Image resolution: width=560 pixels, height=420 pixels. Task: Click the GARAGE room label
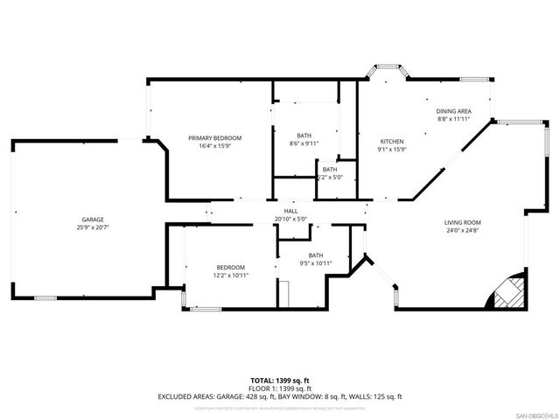(94, 219)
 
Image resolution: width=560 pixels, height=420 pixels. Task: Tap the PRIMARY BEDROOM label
(215, 138)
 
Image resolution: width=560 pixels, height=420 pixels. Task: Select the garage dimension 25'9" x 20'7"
(94, 227)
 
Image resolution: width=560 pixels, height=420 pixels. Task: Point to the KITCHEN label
(390, 142)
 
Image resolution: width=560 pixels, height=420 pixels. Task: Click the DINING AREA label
(454, 111)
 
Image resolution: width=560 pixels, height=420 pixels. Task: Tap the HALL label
(291, 211)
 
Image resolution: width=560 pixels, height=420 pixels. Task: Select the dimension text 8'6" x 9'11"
(304, 143)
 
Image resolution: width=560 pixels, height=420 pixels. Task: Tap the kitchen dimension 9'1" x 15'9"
(390, 150)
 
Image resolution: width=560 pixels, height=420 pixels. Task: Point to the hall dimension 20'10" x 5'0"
(291, 219)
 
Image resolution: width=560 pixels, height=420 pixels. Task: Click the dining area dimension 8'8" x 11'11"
(454, 119)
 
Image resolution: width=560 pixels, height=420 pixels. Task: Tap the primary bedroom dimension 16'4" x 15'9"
(215, 146)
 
